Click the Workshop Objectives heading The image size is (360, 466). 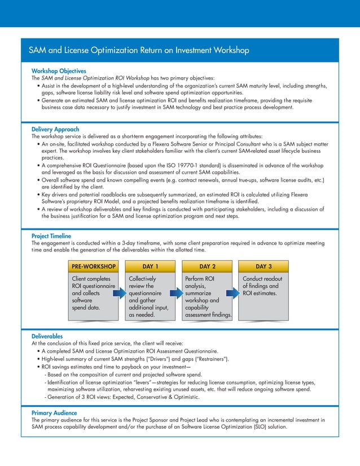point(59,71)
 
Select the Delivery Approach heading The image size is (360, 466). point(55,130)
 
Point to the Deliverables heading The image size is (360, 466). point(47,336)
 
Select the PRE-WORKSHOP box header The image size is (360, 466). point(94,266)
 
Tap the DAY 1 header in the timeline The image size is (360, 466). point(150,266)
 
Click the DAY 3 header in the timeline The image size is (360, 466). point(264,266)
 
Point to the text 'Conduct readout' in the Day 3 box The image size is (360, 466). point(262,279)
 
